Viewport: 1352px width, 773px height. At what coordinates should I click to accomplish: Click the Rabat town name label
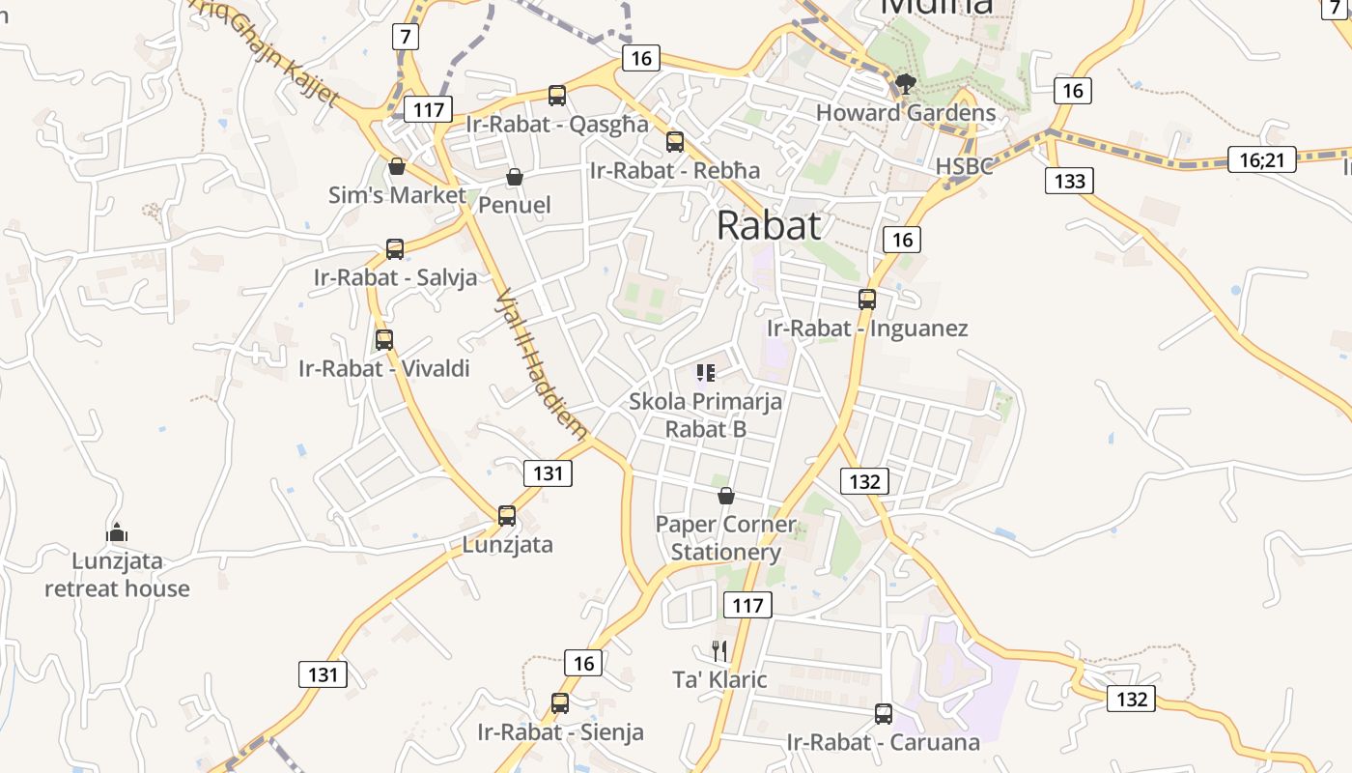(x=769, y=225)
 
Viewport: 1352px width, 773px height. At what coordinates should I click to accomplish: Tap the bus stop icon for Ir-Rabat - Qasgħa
(x=557, y=95)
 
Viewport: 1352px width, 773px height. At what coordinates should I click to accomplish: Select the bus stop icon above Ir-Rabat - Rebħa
(x=675, y=142)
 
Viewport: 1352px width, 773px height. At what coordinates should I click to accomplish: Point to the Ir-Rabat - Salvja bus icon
(x=395, y=249)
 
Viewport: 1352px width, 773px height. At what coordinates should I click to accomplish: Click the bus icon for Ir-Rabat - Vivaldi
(x=384, y=340)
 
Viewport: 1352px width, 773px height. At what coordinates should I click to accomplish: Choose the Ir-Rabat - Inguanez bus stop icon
(x=867, y=300)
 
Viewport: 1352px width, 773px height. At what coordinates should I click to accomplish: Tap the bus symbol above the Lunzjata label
(x=507, y=516)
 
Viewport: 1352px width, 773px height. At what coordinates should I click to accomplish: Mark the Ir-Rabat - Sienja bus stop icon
(x=560, y=703)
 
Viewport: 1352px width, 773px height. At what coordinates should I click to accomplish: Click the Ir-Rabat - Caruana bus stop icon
(x=883, y=714)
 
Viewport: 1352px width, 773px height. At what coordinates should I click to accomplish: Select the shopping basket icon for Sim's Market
(x=397, y=167)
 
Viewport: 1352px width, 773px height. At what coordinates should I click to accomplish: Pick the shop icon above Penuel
(x=515, y=177)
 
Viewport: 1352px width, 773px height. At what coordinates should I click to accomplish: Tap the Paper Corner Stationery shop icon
(x=726, y=497)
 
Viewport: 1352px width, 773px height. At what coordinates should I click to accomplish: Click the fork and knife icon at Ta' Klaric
(x=719, y=650)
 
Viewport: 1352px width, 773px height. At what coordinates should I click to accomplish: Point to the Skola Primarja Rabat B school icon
(x=706, y=372)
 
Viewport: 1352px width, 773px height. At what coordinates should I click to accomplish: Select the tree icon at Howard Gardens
(x=905, y=84)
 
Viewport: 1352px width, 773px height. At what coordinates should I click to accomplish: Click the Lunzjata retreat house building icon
(x=117, y=532)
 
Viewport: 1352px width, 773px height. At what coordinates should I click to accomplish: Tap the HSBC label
(x=964, y=166)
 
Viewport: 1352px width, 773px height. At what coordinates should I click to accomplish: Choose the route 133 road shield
(x=1069, y=181)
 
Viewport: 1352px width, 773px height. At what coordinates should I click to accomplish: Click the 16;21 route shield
(x=1261, y=159)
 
